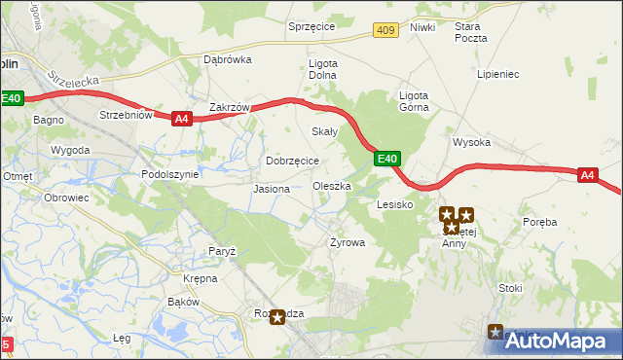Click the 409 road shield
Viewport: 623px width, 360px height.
pos(386,32)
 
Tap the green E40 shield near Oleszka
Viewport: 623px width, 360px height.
pos(387,158)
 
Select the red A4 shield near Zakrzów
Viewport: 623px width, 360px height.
pos(181,119)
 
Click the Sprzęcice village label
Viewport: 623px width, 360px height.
pos(311,26)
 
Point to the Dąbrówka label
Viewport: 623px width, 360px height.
pos(227,58)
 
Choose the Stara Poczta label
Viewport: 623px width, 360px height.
pos(470,32)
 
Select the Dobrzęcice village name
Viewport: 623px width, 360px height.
pos(292,161)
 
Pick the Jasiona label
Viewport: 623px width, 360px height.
pos(271,188)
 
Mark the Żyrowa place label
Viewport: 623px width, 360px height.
pos(347,242)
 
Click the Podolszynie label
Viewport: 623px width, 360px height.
pos(169,174)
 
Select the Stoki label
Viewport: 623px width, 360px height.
pos(510,288)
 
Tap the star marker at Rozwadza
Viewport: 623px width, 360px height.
pos(278,317)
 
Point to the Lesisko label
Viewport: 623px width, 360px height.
pos(395,205)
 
